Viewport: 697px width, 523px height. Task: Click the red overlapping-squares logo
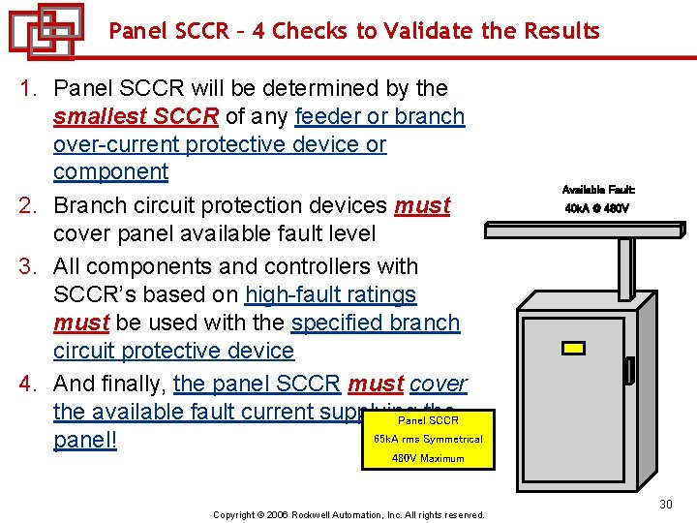coord(45,31)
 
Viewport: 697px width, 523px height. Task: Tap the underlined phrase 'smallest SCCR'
coord(136,117)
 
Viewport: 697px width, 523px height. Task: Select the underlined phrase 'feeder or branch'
coord(379,117)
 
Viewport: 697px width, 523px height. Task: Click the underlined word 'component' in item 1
coord(110,172)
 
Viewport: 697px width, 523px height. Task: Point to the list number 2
coord(29,206)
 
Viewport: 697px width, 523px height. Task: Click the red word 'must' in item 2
coord(423,206)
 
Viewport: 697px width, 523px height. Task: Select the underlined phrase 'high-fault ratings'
coord(330,294)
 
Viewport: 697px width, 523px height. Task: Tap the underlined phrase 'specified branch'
coord(375,323)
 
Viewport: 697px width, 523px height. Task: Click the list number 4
coord(29,385)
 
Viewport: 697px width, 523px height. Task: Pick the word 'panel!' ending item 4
coord(84,441)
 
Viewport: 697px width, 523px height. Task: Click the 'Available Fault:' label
coord(598,190)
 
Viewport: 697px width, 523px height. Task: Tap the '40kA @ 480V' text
coord(597,208)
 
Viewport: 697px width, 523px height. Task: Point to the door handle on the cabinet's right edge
coord(630,370)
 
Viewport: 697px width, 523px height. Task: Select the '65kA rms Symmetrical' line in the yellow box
coord(428,440)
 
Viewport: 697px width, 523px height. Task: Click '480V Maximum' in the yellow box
coord(428,458)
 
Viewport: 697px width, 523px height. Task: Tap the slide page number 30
coord(665,504)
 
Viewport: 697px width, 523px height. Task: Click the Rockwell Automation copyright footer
coord(348,514)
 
